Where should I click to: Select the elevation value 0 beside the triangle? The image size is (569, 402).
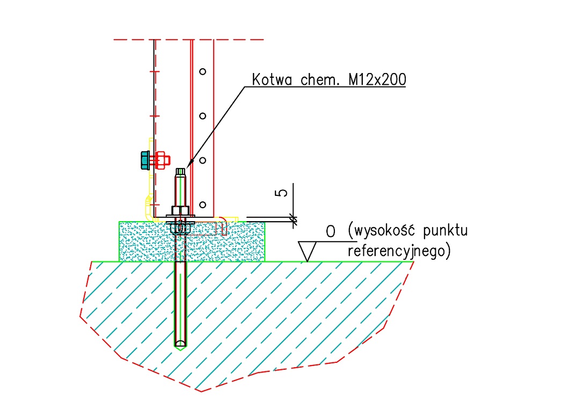tap(331, 232)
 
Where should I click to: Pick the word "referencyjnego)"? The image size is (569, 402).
tap(398, 251)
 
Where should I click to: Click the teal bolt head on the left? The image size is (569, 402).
tap(144, 160)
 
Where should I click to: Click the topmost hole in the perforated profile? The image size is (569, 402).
tap(202, 71)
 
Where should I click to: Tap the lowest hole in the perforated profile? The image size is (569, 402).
tap(202, 204)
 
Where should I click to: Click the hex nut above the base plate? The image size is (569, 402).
tap(180, 211)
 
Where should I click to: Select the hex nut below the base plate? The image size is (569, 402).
tap(180, 229)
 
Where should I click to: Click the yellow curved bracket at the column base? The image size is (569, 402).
tap(146, 207)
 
